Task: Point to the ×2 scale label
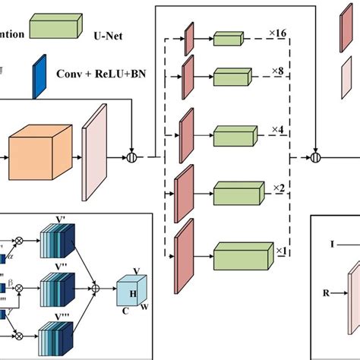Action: tap(279, 188)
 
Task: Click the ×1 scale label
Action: tap(280, 250)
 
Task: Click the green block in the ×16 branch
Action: tap(226, 39)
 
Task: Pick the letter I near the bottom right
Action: tap(332, 245)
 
